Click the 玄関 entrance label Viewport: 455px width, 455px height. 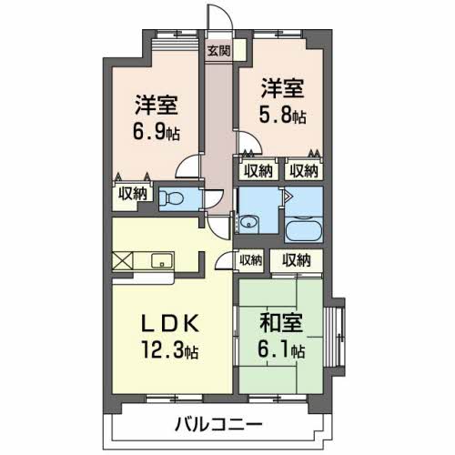click(217, 52)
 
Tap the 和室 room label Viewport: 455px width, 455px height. click(281, 323)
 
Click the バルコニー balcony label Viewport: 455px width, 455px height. click(220, 424)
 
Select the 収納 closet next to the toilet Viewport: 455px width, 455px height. click(131, 193)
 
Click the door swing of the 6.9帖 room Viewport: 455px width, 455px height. click(188, 167)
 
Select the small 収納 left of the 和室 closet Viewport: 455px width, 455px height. click(251, 259)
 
